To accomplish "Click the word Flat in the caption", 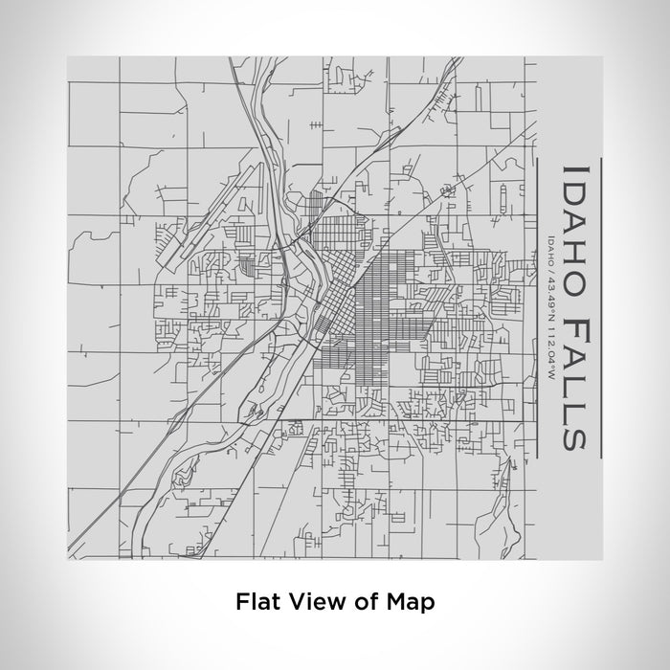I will (254, 602).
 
